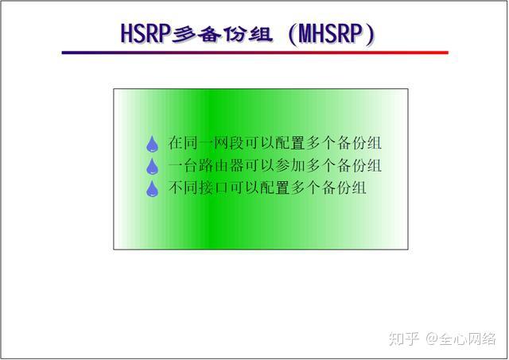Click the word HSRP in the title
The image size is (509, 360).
146,34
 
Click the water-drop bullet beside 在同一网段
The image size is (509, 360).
152,145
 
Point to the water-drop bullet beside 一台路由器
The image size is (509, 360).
152,167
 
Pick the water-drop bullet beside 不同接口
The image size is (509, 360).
152,189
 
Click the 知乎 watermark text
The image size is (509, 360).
402,339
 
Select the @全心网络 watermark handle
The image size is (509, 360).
460,339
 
